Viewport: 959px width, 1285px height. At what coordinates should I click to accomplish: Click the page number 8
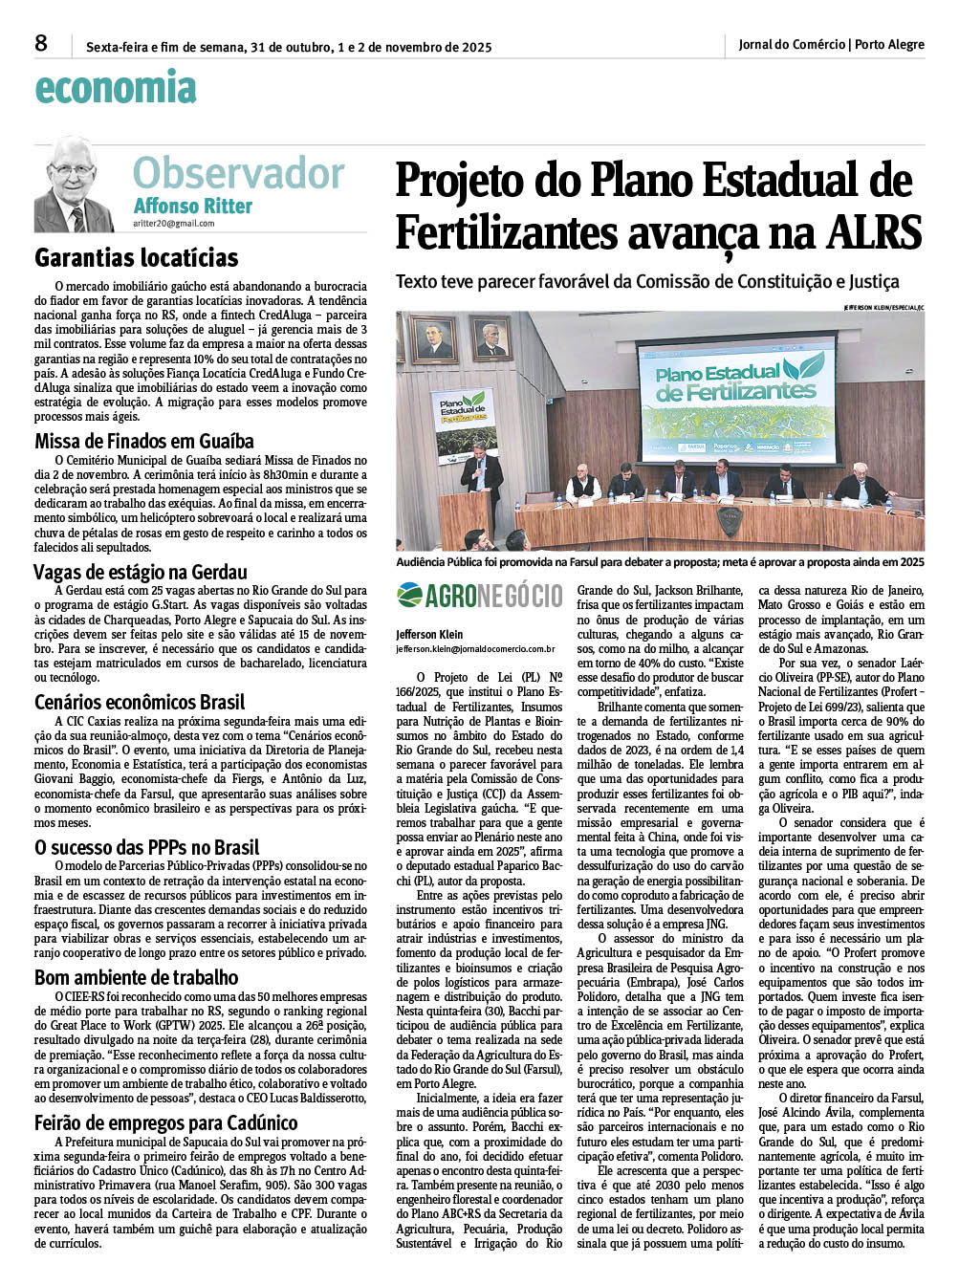coord(41,43)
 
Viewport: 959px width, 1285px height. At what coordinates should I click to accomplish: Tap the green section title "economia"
coord(115,88)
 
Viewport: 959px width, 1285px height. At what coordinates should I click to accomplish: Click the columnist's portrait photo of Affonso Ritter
coord(74,185)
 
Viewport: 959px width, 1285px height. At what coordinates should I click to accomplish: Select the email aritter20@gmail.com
coord(174,224)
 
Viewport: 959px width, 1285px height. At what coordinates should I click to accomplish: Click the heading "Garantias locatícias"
coord(136,258)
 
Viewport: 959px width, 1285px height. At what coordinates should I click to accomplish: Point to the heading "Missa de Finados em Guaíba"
coord(144,441)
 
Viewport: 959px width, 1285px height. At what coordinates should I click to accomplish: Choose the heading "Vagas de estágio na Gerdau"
coord(141,572)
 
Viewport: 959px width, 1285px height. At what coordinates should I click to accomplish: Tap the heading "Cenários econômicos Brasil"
coord(140,702)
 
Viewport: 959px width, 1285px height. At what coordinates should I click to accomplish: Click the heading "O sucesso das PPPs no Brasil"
coord(146,847)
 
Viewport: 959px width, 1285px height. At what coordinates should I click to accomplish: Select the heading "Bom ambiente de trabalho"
coord(136,977)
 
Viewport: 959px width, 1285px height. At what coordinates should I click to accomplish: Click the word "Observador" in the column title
coord(238,174)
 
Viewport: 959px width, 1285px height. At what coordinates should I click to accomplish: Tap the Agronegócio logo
coord(479,596)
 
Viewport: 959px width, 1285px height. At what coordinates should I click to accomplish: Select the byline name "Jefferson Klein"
coord(429,634)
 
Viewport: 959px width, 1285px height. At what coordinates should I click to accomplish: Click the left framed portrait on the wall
coord(433,340)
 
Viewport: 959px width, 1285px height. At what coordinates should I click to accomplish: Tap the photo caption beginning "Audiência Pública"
coord(660,562)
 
